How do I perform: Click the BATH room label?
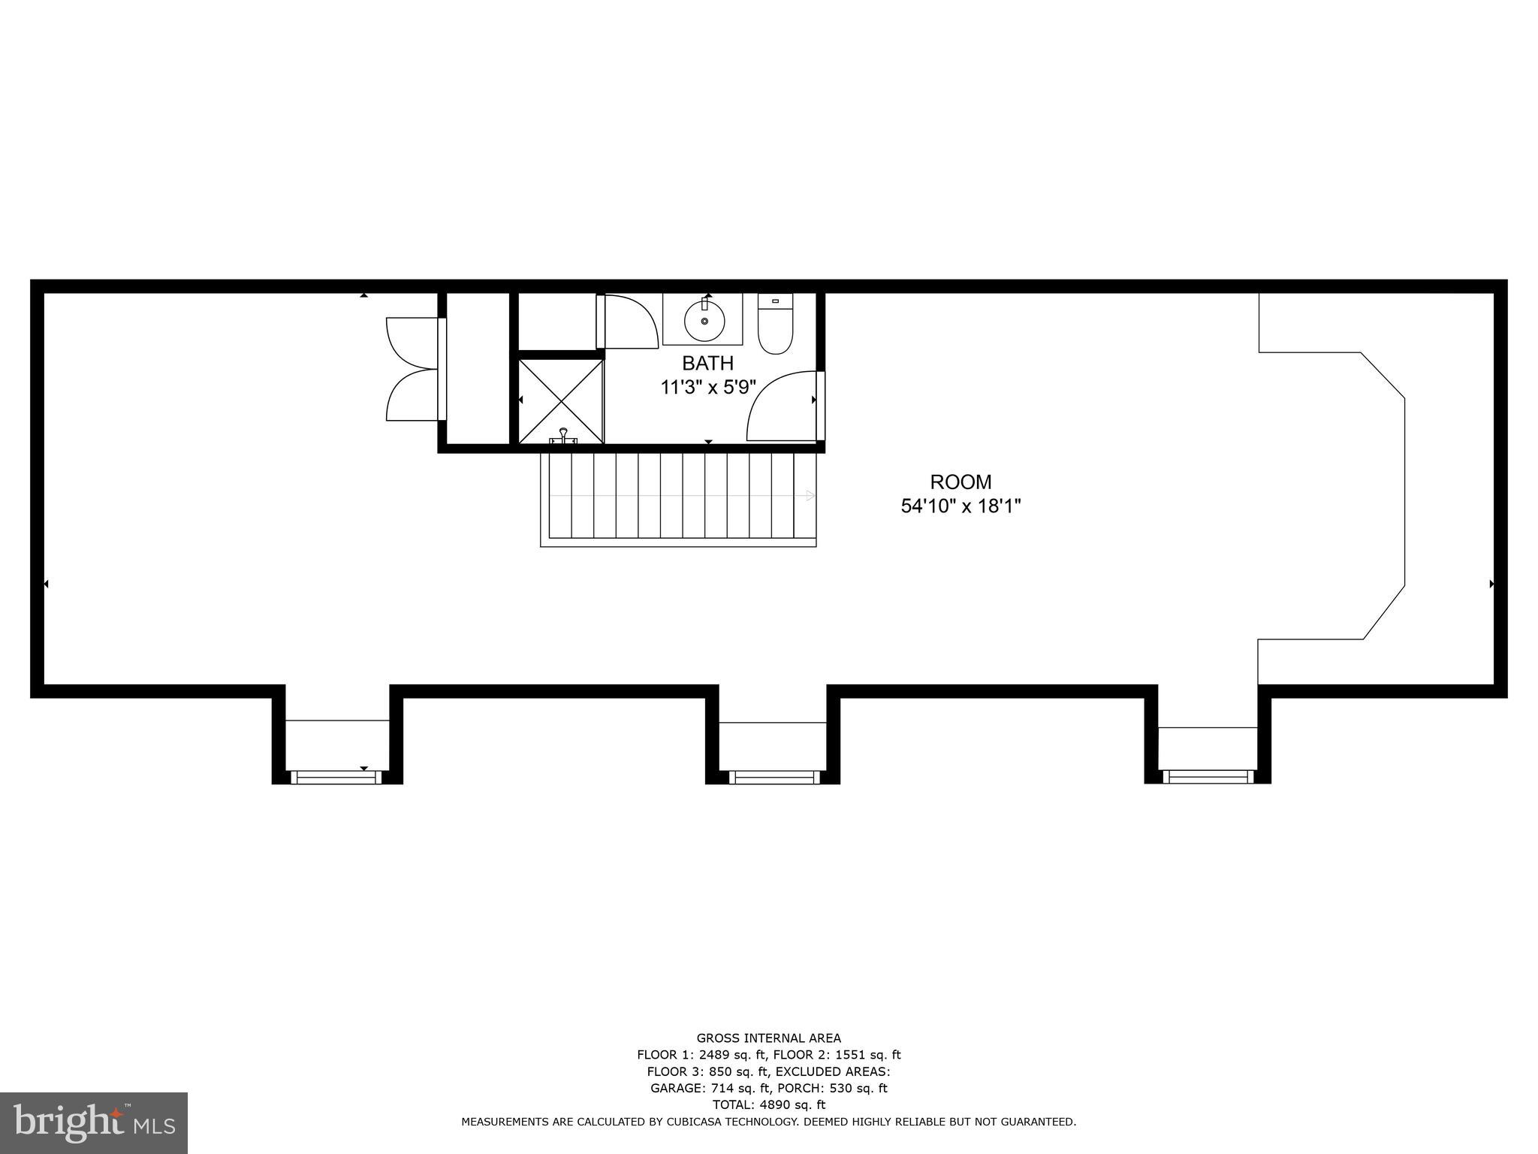click(707, 364)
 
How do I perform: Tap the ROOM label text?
click(960, 482)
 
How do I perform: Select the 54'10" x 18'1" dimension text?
click(960, 507)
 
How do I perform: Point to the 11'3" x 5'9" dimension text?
click(707, 388)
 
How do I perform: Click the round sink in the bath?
click(704, 321)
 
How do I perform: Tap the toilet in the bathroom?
click(775, 324)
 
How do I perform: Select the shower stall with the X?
click(561, 401)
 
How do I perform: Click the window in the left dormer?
click(336, 778)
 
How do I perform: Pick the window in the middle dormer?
click(774, 778)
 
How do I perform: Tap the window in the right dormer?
click(1208, 777)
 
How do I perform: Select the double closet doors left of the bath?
click(413, 368)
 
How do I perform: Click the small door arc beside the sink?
click(629, 322)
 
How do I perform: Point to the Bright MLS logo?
click(94, 1123)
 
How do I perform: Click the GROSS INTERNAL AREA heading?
click(768, 1039)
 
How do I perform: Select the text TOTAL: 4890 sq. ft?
click(768, 1104)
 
